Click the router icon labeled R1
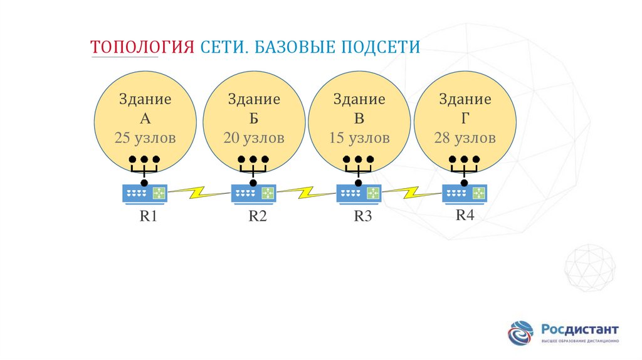145,194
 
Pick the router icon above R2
253,194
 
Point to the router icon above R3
359,194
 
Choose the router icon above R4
465,194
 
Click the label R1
148,217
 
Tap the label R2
258,217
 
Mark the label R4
465,215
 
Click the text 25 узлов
145,137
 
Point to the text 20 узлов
253,137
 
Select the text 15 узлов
359,137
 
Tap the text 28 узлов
465,137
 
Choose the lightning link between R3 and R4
412,191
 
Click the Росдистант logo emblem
521,333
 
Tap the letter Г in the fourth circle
465,119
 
